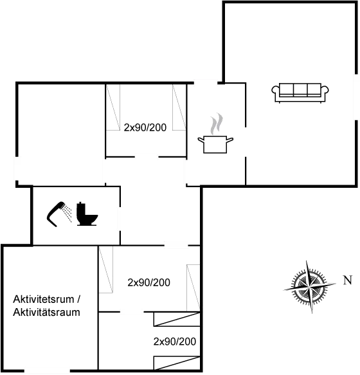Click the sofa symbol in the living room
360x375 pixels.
pos(300,93)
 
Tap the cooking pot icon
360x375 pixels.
pos(215,144)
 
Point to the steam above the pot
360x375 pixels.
pos(217,123)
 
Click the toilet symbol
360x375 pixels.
pos(87,214)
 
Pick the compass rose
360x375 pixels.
pos(310,287)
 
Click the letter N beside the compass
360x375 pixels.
pos(348,280)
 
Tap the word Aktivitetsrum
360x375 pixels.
pos(44,299)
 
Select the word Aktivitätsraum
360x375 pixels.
pos(47,313)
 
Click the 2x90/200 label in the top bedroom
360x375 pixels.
pos(145,127)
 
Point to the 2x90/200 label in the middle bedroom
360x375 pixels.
pos(149,282)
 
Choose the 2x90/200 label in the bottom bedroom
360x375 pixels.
pos(175,342)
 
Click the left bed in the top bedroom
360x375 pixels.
pos(113,107)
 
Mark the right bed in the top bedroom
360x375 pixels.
pos(179,107)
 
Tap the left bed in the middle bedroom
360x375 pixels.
pos(105,270)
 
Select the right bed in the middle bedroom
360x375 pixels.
pos(194,288)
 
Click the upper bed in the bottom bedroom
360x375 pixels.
pos(177,319)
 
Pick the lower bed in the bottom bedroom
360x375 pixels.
pos(177,363)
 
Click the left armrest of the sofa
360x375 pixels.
pos(275,92)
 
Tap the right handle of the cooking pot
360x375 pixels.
pos(230,140)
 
